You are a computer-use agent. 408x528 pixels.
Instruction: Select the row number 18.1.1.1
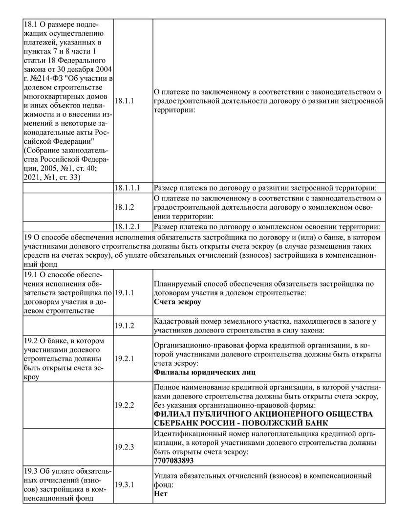point(127,187)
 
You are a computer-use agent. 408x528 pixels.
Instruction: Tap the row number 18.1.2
point(124,207)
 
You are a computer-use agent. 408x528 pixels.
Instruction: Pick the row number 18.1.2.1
point(127,226)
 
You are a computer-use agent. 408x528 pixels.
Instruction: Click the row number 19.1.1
point(124,292)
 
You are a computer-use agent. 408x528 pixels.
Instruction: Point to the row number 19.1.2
point(124,325)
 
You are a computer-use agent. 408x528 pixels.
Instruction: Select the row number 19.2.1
point(124,358)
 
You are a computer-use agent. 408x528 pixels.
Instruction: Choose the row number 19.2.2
point(124,405)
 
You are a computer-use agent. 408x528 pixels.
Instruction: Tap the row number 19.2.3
point(124,447)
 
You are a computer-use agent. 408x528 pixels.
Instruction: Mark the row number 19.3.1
point(124,484)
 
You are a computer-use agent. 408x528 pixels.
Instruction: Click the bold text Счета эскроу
point(177,302)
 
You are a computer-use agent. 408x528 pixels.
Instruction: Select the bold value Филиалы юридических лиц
point(204,372)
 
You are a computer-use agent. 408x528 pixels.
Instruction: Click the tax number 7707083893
point(173,461)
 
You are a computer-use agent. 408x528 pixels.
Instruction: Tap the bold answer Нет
point(161,493)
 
